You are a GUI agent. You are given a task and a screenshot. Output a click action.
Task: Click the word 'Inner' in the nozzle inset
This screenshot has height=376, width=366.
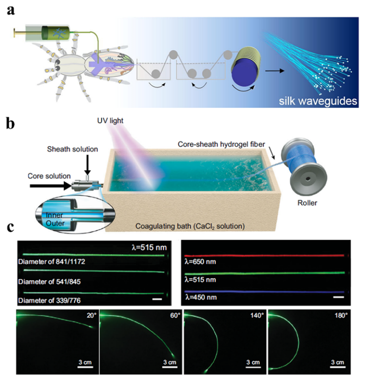(49, 214)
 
